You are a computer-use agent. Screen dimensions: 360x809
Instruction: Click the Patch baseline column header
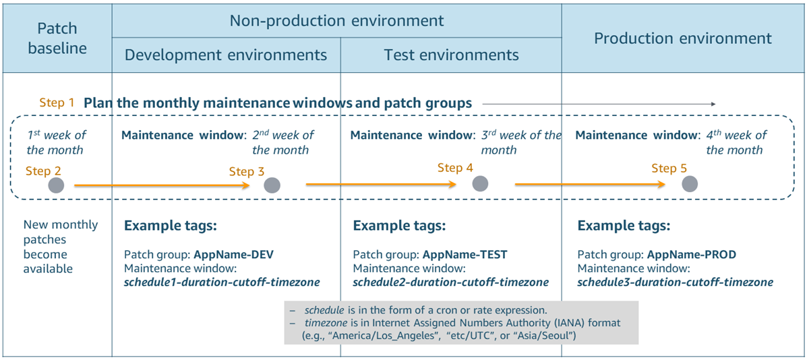click(57, 38)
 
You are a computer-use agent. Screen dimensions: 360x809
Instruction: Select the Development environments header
click(226, 55)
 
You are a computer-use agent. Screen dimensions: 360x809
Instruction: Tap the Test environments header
click(451, 55)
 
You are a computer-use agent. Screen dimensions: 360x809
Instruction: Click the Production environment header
click(682, 38)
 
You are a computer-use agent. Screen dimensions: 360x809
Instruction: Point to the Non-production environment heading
click(336, 20)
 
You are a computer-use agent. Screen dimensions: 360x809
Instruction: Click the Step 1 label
click(57, 103)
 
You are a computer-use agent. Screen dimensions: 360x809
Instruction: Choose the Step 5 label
click(669, 168)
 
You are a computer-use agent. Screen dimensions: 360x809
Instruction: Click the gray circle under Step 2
click(57, 185)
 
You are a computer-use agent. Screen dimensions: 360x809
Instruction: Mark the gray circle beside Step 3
click(272, 185)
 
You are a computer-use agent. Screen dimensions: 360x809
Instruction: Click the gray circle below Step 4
click(480, 183)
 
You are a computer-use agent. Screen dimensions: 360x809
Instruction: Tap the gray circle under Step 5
click(690, 183)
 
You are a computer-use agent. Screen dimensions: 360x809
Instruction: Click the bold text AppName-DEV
click(234, 255)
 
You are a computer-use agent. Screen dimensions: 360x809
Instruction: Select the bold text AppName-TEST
click(465, 255)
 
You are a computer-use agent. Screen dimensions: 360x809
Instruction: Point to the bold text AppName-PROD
click(692, 255)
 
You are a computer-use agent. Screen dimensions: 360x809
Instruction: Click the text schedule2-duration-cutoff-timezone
click(450, 282)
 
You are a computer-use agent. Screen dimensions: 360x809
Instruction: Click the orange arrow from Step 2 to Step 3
click(162, 185)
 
